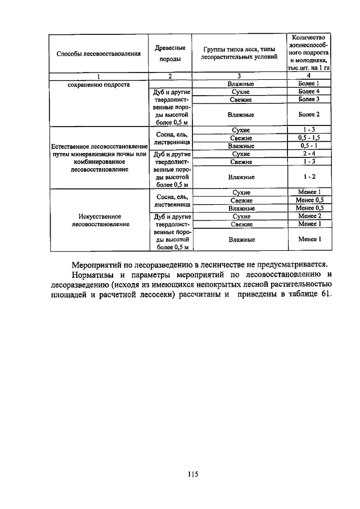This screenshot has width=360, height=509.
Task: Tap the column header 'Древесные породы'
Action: (169, 54)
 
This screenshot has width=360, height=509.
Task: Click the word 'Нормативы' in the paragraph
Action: (93, 274)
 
